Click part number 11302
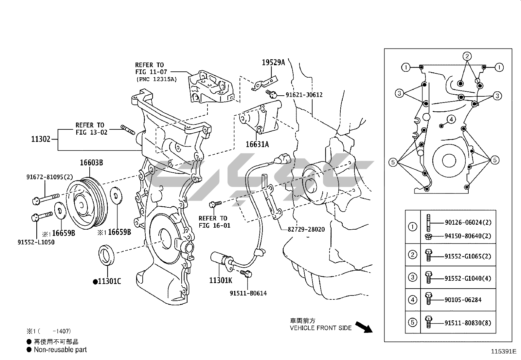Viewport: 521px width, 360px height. tap(41, 139)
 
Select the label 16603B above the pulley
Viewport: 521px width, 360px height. tap(92, 162)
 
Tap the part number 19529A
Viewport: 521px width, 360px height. tap(273, 62)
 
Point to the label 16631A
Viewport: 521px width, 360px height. tap(257, 144)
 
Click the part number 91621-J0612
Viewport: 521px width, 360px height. tap(304, 95)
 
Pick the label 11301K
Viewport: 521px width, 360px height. tap(221, 280)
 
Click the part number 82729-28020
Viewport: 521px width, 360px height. tap(306, 229)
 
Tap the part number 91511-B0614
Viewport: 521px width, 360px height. tap(248, 293)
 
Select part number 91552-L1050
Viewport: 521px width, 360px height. tap(36, 242)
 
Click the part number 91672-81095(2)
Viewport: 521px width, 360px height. tap(50, 177)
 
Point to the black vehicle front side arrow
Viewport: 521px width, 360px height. tap(363, 327)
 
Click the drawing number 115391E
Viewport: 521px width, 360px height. tap(503, 351)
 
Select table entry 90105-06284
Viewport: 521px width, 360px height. tap(463, 300)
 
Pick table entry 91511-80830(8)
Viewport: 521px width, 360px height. tap(468, 323)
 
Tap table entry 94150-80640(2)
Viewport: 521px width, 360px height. tap(468, 236)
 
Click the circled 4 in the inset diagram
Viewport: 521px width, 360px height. tap(451, 119)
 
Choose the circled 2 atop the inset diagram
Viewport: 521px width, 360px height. tap(467, 56)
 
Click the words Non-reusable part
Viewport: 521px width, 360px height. tap(60, 350)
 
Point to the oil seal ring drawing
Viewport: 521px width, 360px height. tap(107, 253)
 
